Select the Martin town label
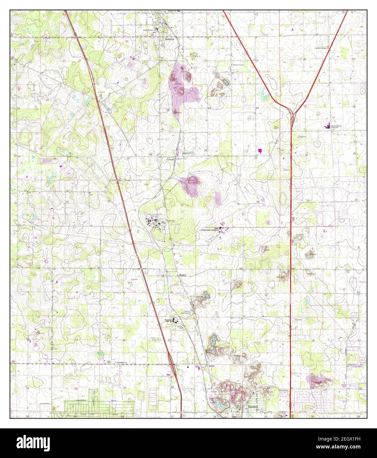(183, 275)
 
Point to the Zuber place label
(211, 366)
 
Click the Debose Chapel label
(238, 65)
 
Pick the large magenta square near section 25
(260, 151)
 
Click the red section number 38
(100, 95)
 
